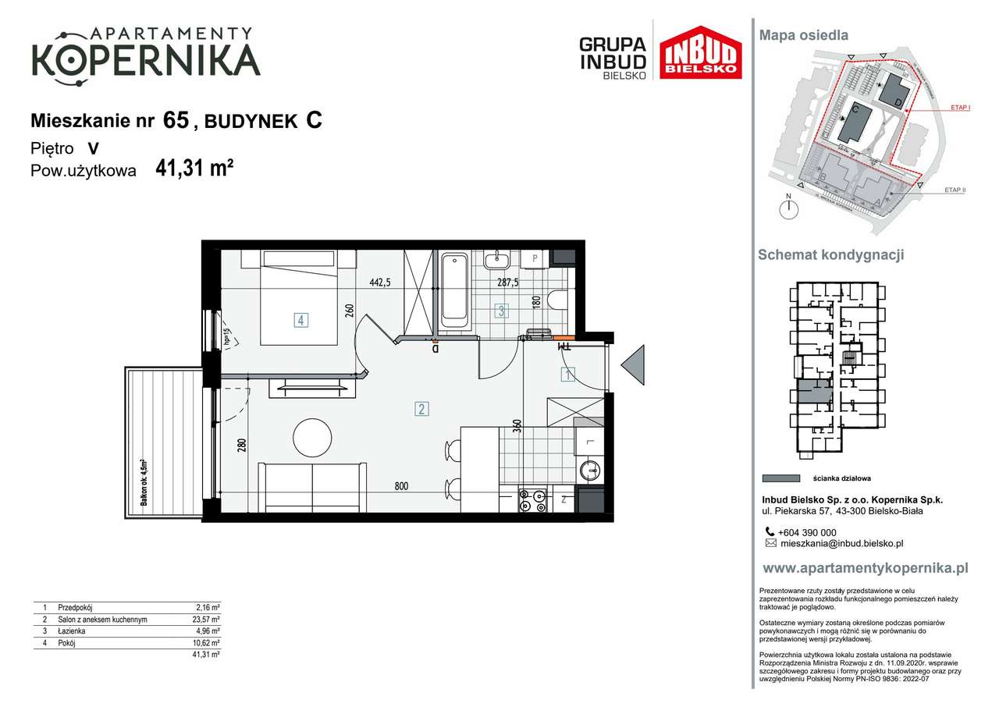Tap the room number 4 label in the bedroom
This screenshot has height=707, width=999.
tap(300, 318)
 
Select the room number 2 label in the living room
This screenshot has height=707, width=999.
tap(421, 408)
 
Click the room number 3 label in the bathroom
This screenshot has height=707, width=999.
tap(502, 311)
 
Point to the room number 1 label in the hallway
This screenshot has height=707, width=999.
tap(568, 375)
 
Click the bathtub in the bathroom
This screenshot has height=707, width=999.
tap(454, 290)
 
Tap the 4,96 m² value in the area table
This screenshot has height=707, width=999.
tap(207, 631)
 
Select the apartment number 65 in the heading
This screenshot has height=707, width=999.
tap(176, 120)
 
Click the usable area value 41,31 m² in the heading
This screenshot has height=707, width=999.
tap(194, 169)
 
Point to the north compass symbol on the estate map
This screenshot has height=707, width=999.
tap(789, 208)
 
